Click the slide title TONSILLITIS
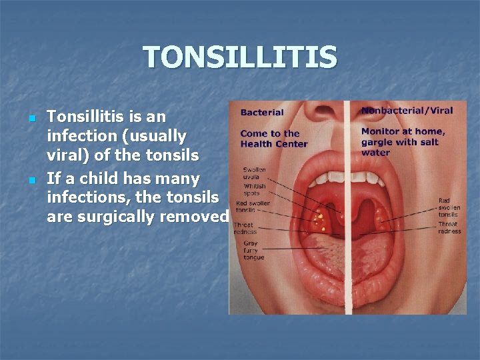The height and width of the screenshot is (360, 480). (239, 57)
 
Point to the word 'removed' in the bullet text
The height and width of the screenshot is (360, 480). (200, 217)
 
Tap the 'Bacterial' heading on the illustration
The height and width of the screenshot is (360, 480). (262, 113)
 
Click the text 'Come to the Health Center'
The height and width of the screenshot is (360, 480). (273, 139)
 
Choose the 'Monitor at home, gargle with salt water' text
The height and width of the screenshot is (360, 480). (403, 141)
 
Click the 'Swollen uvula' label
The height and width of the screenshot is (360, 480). (254, 173)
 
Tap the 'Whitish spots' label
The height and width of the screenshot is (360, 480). (254, 190)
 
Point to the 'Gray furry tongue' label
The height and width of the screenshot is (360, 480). (253, 250)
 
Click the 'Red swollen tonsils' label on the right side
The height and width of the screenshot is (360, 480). (449, 207)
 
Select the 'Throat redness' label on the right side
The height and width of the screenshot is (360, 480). (449, 227)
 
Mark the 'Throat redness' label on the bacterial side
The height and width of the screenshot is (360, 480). (246, 229)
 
